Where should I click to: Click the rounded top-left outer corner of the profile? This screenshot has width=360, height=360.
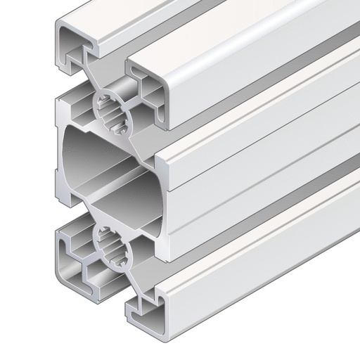[x=59, y=28]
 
